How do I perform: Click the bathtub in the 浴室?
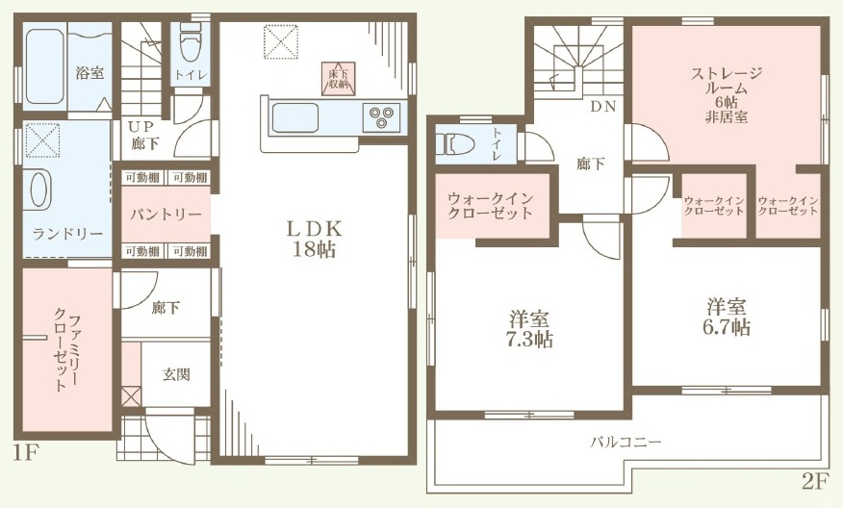click(44, 66)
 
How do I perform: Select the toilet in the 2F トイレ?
click(455, 144)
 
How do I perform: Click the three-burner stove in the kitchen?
click(381, 117)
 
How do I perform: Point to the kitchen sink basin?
click(295, 117)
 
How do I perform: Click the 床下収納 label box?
click(339, 79)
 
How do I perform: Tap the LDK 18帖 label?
click(315, 239)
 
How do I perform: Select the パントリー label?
click(166, 215)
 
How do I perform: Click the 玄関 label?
click(176, 374)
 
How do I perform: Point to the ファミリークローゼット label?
click(66, 349)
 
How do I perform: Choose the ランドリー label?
click(67, 234)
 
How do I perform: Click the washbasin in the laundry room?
click(39, 190)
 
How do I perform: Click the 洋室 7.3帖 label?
click(529, 329)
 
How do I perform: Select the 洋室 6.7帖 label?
click(727, 317)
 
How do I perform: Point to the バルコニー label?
click(626, 442)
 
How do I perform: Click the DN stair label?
click(603, 107)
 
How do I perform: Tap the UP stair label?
click(140, 126)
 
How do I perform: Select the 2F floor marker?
click(813, 482)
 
